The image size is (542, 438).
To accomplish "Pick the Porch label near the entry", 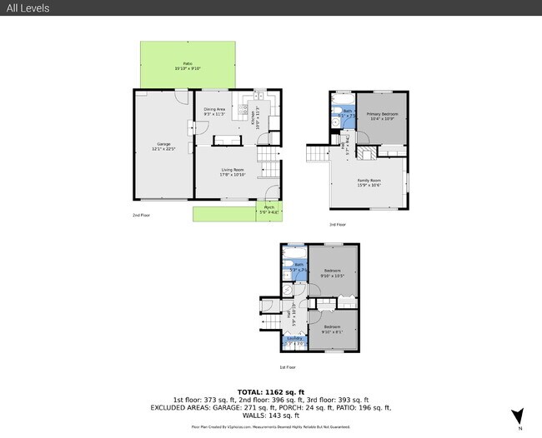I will tap(269, 210).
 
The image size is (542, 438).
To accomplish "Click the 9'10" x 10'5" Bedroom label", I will tap(333, 273).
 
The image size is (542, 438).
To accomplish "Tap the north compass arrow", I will tap(518, 416).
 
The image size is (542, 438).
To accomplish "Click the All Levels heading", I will tap(28, 8).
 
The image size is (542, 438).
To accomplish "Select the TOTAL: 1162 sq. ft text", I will tap(270, 391).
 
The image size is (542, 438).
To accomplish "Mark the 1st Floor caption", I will tap(287, 367).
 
